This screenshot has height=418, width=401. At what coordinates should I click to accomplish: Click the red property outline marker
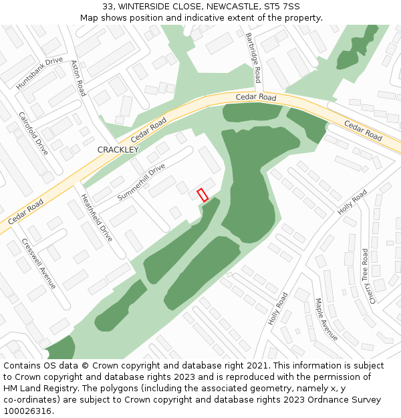click(203, 195)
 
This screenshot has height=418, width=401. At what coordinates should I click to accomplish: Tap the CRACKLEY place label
click(118, 150)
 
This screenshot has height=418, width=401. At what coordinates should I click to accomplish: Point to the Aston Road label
click(78, 78)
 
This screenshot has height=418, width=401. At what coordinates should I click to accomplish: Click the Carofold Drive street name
click(33, 133)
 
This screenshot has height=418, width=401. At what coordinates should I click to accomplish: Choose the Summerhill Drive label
click(141, 182)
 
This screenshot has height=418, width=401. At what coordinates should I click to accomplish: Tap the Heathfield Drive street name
click(97, 217)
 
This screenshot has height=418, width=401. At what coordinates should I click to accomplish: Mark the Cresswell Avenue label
click(39, 264)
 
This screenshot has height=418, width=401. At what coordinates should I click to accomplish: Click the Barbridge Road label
click(253, 58)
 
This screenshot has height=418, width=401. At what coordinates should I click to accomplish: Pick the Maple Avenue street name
click(327, 320)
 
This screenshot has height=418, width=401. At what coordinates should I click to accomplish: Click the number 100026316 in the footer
click(27, 411)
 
